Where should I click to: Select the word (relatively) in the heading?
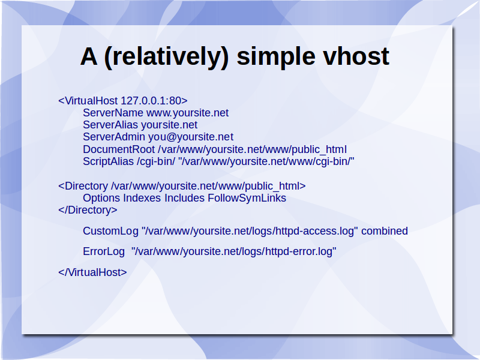pos(167,58)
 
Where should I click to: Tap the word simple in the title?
pos(276,58)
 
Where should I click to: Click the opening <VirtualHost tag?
pos(88,101)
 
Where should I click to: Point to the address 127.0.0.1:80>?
pos(154,101)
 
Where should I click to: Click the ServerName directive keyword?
pos(113,113)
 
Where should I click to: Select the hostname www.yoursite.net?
pos(187,113)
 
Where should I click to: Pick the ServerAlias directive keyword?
pos(110,125)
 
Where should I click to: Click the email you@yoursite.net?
pos(191,137)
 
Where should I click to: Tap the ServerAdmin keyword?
pos(114,137)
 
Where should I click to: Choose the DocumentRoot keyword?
pos(119,149)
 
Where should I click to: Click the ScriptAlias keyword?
pos(109,161)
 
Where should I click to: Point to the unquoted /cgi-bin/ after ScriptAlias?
pos(156,161)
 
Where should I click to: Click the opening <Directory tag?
pos(83,186)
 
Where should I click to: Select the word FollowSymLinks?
pos(247,198)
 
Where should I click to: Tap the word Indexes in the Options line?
pos(142,198)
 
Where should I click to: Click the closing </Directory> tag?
pos(88,210)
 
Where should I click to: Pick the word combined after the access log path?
pos(385,231)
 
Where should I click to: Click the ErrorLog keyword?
pos(104,251)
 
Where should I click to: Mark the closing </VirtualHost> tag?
pos(92,272)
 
